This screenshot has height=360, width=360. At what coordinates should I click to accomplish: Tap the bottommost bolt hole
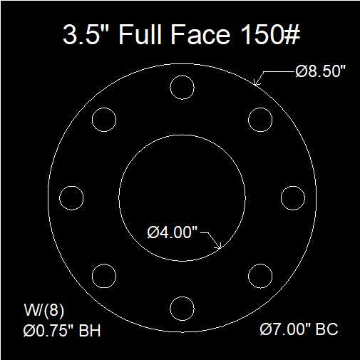tap(182, 308)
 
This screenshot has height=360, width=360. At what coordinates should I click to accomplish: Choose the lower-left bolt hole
tap(104, 275)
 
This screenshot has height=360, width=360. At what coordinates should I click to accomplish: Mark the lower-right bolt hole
tap(260, 275)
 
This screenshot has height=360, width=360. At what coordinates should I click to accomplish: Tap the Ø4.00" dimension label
tap(173, 232)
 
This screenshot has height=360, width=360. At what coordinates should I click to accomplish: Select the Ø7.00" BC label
tap(298, 330)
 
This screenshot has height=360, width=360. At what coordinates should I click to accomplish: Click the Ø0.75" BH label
tap(57, 330)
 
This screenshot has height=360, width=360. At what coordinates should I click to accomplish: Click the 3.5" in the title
tap(81, 35)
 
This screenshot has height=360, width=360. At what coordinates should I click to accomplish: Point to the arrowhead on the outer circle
tap(257, 83)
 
